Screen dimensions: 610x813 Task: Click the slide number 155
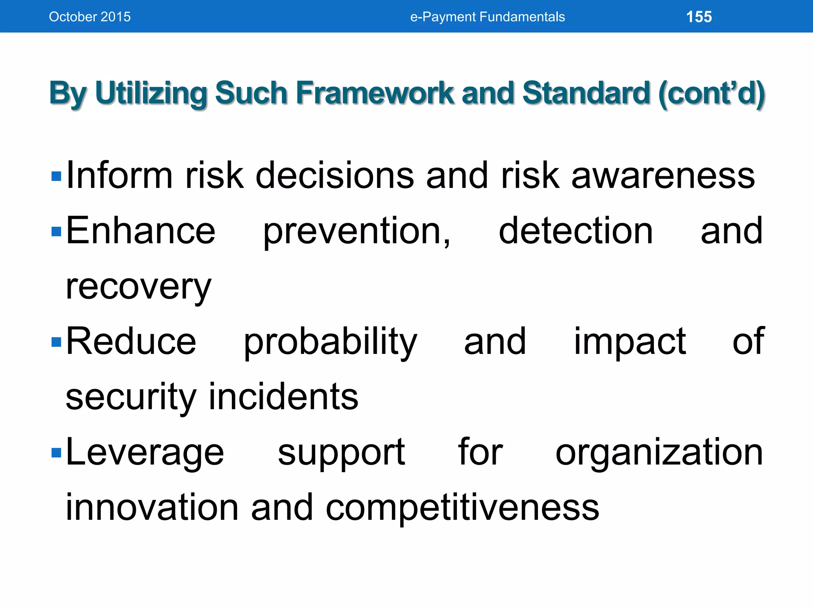(x=699, y=17)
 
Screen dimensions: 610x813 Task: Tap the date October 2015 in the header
(x=90, y=17)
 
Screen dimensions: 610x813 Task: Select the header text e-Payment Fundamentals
(x=487, y=17)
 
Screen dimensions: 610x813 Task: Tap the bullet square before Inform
(x=56, y=176)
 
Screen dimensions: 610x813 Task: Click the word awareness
(x=663, y=176)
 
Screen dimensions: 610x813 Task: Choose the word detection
(x=576, y=231)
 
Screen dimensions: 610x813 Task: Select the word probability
(x=330, y=342)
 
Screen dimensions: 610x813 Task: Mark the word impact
(x=630, y=342)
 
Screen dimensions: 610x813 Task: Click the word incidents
(x=283, y=397)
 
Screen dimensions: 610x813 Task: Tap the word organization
(x=659, y=453)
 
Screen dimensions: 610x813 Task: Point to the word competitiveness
(x=462, y=508)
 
